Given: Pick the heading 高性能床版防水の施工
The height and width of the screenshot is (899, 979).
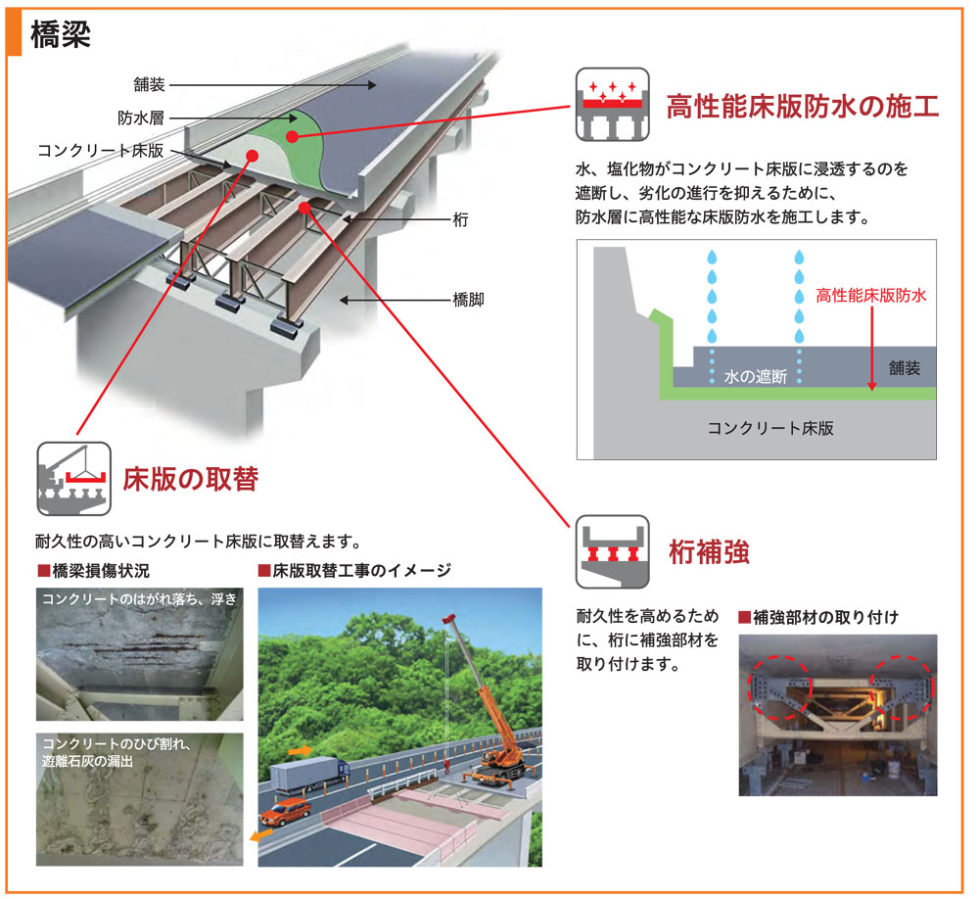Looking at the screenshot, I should tap(802, 106).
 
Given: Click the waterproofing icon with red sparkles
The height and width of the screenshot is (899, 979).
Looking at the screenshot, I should tap(612, 105).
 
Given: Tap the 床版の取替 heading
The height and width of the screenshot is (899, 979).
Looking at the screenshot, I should tap(190, 479).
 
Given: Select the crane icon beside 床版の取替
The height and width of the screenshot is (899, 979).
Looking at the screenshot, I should tap(72, 479).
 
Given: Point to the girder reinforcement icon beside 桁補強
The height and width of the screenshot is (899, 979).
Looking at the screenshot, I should tap(612, 551).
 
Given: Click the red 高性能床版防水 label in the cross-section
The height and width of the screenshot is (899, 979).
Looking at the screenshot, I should tap(870, 294).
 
